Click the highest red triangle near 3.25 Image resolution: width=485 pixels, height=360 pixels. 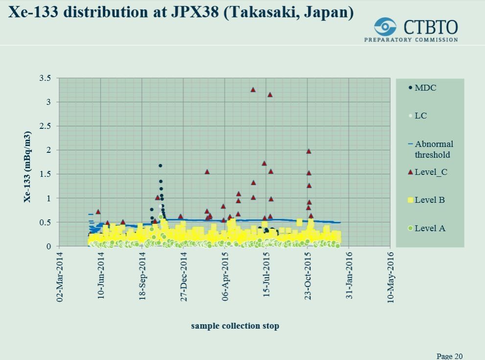pos(253,90)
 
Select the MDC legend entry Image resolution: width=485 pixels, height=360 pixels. pos(425,88)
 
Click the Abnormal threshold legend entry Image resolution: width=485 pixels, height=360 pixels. pos(433,149)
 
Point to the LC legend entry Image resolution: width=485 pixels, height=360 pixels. pos(420,116)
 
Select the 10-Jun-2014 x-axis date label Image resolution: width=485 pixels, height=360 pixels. pos(101,278)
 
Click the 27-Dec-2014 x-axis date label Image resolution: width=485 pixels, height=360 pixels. pos(184,278)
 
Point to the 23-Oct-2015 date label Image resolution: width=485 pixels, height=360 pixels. pos(308,278)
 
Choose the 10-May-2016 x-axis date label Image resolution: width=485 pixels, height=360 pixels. pos(391,278)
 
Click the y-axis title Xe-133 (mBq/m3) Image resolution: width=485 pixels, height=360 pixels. pos(27,167)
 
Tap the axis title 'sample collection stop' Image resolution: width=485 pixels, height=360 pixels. pos(235,326)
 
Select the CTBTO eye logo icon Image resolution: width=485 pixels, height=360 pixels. pos(385,26)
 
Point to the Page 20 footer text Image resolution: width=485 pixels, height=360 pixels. pos(449,356)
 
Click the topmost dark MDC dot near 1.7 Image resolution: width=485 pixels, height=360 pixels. pos(160,166)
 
